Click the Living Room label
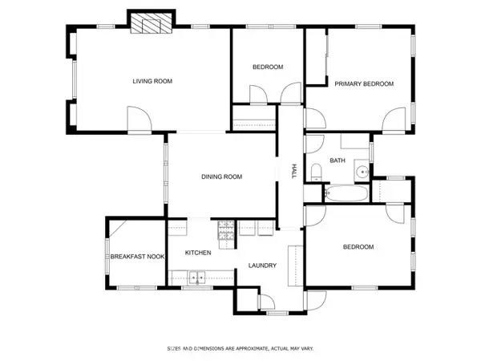click(x=152, y=81)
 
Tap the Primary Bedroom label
click(x=364, y=83)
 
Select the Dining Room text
click(x=222, y=176)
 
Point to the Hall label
click(x=294, y=172)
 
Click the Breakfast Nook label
click(x=137, y=257)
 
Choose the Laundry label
click(x=262, y=266)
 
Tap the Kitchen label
click(x=198, y=253)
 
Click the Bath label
click(x=338, y=160)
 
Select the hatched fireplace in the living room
click(x=151, y=23)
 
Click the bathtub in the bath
click(x=346, y=193)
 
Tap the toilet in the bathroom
click(x=316, y=172)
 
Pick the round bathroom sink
click(x=363, y=172)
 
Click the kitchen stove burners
click(x=226, y=230)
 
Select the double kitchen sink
click(x=197, y=278)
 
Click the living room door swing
click(x=139, y=119)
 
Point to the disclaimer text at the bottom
click(x=240, y=348)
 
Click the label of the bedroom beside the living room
click(x=268, y=67)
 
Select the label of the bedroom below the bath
click(x=358, y=247)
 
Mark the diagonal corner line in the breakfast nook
click(x=118, y=229)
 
